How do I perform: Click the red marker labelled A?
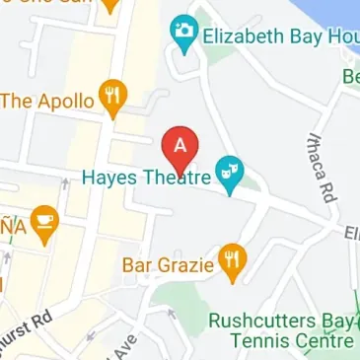pos(180,146)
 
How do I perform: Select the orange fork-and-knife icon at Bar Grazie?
pos(231,259)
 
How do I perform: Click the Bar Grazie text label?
pos(168,264)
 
